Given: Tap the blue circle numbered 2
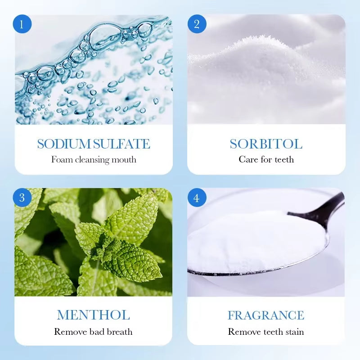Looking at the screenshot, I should [197, 24].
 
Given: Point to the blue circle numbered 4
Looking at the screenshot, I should [197, 198].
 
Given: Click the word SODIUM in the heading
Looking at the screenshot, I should [64, 144].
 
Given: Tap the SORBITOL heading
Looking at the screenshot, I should [266, 144].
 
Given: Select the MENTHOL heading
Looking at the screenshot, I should [93, 315].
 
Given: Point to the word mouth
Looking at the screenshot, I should [124, 159].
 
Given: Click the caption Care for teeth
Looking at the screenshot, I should [266, 159].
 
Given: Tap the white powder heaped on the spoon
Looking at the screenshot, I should [252, 241].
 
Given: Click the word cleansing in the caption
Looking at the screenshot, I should [94, 159].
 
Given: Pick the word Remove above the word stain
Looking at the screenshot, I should [244, 332].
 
